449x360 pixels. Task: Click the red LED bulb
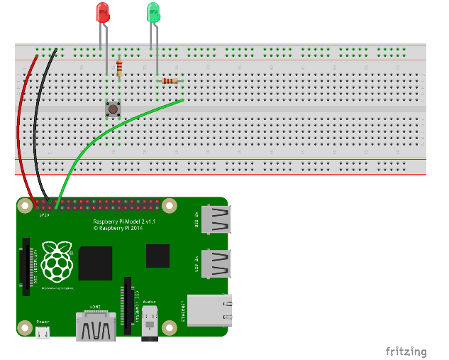coord(103,12)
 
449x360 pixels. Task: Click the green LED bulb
coord(153,11)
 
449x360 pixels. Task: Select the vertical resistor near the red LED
coord(119,68)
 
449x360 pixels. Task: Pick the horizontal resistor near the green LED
coord(170,81)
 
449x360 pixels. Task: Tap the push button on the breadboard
coord(112,109)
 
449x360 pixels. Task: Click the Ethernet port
coord(209,310)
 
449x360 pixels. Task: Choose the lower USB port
coord(216,263)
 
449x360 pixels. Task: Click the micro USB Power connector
coord(43,332)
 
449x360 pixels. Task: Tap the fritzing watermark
coord(406,351)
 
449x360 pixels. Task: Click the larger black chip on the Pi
coord(96,263)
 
